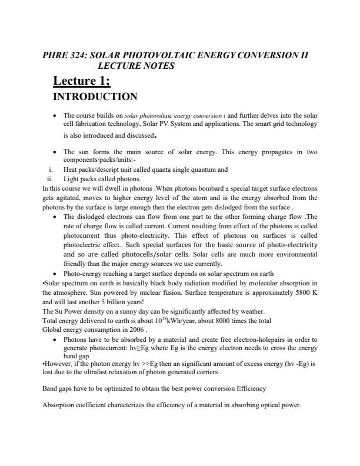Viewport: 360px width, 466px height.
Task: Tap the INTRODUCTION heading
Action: tap(95, 96)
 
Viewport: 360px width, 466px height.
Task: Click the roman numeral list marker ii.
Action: tap(49, 179)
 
